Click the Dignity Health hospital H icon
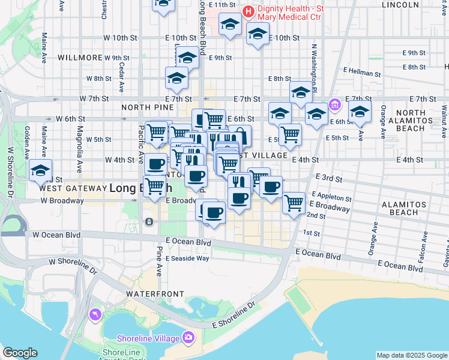[247, 11]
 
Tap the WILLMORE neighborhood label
[80, 58]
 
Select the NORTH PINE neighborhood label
[144, 107]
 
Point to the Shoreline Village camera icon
[188, 337]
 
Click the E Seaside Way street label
[187, 258]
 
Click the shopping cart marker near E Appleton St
[294, 203]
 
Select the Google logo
[20, 353]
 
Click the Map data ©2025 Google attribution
[412, 355]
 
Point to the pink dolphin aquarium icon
[95, 314]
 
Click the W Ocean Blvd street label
[56, 234]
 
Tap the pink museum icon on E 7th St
[334, 106]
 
